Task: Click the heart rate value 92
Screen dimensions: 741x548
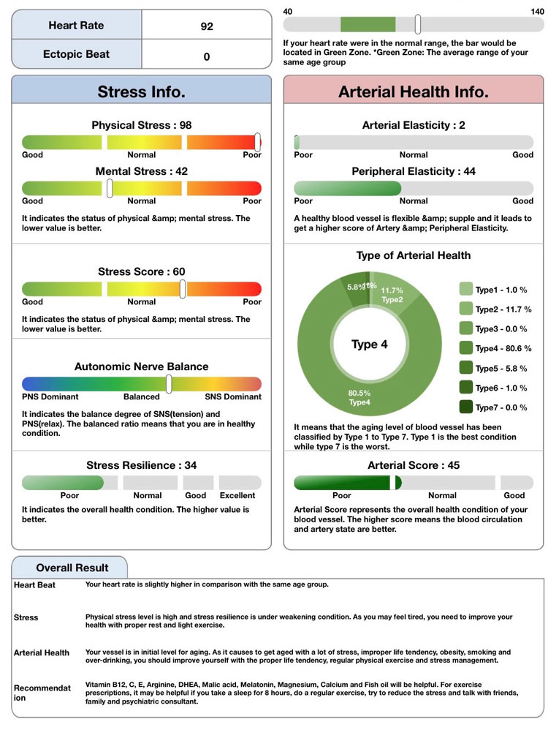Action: click(x=207, y=26)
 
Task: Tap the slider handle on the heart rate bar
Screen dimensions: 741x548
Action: click(x=417, y=24)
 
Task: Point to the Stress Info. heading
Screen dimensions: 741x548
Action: click(x=141, y=92)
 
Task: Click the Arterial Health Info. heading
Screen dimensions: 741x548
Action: click(x=413, y=92)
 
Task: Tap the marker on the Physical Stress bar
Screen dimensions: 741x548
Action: click(x=257, y=142)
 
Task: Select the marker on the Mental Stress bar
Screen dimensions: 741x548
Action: click(x=110, y=188)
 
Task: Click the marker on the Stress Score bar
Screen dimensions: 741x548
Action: click(x=183, y=288)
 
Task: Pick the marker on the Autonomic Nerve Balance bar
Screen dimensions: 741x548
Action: click(x=169, y=383)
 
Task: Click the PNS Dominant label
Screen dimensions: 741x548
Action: click(x=50, y=397)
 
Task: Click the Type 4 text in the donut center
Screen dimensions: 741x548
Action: click(x=370, y=345)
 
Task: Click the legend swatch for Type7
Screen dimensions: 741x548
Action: click(x=465, y=407)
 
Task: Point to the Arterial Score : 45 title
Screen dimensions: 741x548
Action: click(x=414, y=465)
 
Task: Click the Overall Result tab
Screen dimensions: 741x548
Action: click(x=72, y=568)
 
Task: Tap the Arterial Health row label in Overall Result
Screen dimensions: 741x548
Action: click(x=42, y=653)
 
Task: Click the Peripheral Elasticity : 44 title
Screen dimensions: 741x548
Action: click(x=414, y=171)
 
